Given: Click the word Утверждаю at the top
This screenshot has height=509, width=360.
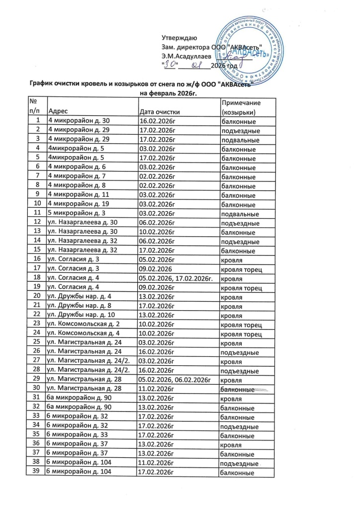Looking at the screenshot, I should [180, 38].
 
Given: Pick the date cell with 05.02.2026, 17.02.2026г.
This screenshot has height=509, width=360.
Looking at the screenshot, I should [176, 279].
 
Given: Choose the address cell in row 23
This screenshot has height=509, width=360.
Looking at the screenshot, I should [85, 325].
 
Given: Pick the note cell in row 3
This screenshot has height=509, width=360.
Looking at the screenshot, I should [239, 140].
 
